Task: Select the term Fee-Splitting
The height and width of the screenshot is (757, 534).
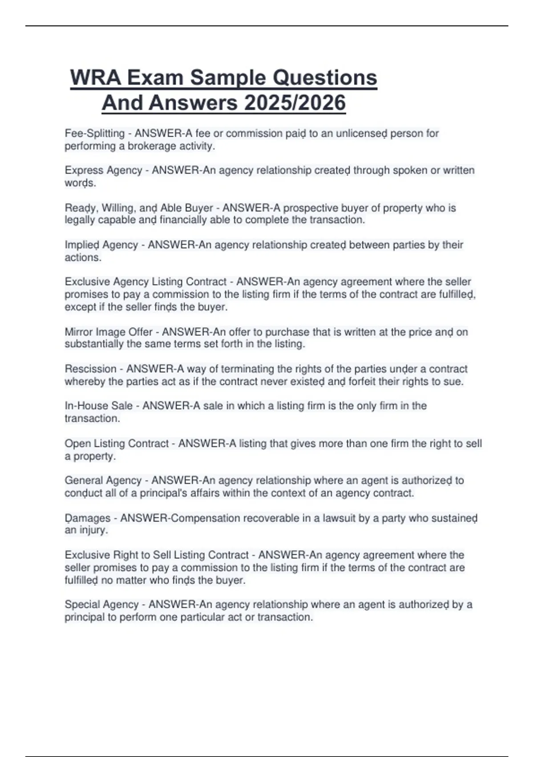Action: coord(94,133)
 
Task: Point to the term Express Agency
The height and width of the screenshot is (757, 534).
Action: coord(103,170)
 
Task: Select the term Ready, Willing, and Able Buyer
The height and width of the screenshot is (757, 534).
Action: coord(138,208)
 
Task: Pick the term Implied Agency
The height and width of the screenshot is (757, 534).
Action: coord(101,245)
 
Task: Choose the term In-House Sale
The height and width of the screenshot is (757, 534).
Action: coord(98,406)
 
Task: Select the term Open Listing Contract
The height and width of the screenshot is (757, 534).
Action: coord(117,444)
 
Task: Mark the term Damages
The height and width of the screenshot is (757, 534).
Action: coord(87,518)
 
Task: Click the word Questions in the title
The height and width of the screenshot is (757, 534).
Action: coord(324,78)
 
